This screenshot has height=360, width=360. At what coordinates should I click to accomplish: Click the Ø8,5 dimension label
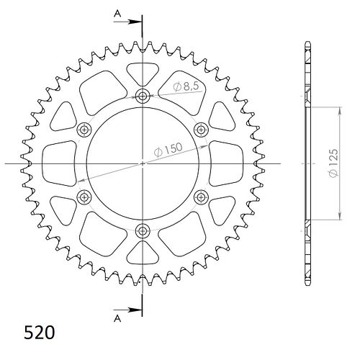[x=186, y=86]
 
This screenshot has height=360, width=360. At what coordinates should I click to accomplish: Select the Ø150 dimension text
[x=168, y=150]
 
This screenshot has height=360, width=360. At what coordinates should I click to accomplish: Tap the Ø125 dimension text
[x=333, y=163]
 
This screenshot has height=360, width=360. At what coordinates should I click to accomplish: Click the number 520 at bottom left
[x=40, y=333]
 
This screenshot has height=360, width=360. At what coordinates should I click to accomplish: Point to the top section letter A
[x=117, y=14]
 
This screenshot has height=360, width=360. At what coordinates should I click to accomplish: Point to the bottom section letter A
[x=117, y=318]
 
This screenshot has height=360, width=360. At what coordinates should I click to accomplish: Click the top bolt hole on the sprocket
[x=143, y=96]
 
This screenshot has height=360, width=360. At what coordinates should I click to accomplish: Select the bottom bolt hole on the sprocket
[x=143, y=231]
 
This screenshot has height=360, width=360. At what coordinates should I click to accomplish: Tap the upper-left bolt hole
[x=84, y=130]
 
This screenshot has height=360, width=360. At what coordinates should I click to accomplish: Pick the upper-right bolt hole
[x=201, y=130]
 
